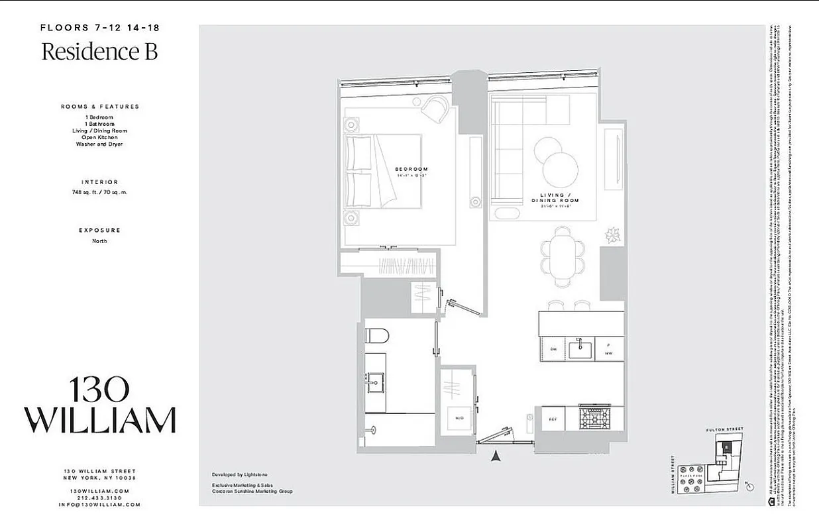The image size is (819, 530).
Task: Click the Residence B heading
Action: [99, 52]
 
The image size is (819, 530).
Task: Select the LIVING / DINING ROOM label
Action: [555, 197]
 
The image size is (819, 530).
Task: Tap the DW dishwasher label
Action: [553, 348]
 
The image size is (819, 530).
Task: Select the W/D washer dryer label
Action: [459, 419]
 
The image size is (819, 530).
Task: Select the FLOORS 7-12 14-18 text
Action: [99, 28]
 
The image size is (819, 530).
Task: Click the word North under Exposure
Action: [99, 241]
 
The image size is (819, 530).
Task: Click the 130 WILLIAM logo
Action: [99, 406]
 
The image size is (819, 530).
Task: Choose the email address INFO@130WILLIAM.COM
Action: [99, 505]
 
